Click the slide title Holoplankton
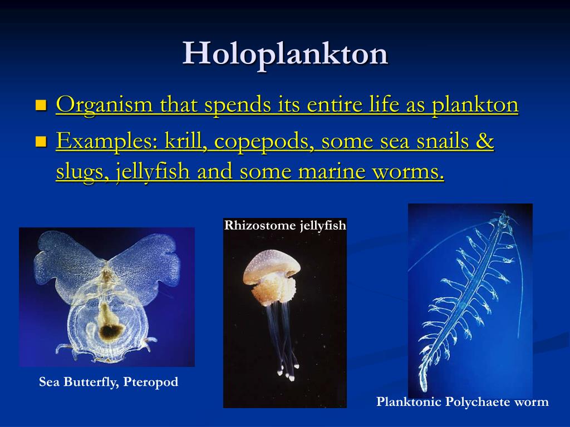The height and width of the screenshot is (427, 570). [285, 54]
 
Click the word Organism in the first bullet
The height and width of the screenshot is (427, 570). [104, 105]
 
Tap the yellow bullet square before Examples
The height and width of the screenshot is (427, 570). [41, 142]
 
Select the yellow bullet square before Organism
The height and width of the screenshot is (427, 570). [41, 105]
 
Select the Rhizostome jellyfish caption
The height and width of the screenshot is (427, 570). [285, 225]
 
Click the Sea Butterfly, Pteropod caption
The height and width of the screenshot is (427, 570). [109, 382]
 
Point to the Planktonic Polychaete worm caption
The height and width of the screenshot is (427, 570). [463, 402]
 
